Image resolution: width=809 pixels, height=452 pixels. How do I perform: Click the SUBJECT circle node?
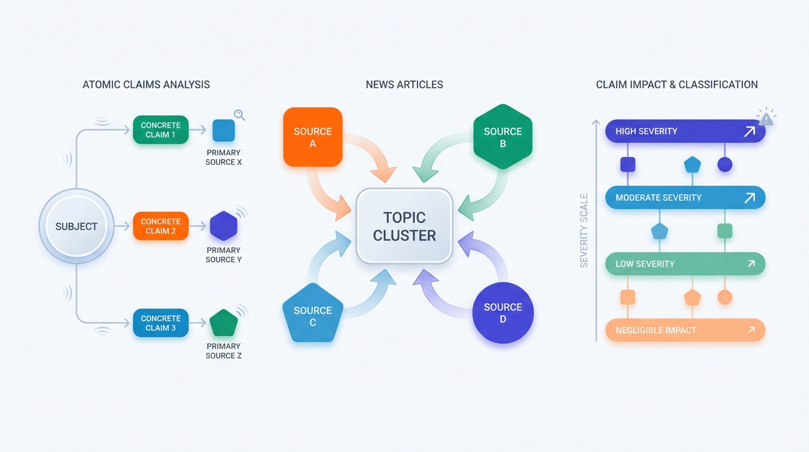[76, 227]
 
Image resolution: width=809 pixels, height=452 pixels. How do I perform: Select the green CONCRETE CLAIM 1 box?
[161, 130]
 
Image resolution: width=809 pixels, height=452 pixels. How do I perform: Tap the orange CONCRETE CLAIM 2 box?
[161, 226]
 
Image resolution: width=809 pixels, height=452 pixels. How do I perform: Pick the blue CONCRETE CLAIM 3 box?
[161, 323]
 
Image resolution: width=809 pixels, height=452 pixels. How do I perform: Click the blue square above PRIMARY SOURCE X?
[223, 130]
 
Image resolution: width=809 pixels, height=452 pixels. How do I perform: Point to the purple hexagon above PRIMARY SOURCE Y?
[223, 226]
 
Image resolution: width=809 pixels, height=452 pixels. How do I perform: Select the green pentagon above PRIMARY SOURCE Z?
[223, 323]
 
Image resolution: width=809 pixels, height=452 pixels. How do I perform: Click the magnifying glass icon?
[239, 115]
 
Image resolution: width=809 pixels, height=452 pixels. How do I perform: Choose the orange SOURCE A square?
[313, 137]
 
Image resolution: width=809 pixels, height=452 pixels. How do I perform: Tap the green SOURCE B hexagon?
[503, 137]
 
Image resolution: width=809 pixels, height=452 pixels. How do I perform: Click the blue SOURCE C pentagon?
[313, 314]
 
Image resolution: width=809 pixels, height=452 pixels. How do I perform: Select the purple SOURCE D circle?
[503, 313]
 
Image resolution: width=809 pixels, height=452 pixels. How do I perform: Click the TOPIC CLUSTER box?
[404, 226]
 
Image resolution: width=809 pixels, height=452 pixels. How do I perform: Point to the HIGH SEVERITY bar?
[685, 131]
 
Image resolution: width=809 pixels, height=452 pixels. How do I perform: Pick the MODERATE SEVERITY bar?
[685, 198]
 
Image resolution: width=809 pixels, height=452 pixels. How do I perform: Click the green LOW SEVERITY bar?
[685, 264]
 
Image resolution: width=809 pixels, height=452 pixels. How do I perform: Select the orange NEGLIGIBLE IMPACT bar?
[685, 330]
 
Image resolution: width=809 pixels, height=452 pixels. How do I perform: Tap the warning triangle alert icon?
[766, 119]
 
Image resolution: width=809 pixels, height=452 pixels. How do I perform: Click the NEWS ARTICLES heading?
[404, 85]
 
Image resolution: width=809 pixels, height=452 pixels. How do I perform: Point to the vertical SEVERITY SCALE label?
[584, 231]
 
